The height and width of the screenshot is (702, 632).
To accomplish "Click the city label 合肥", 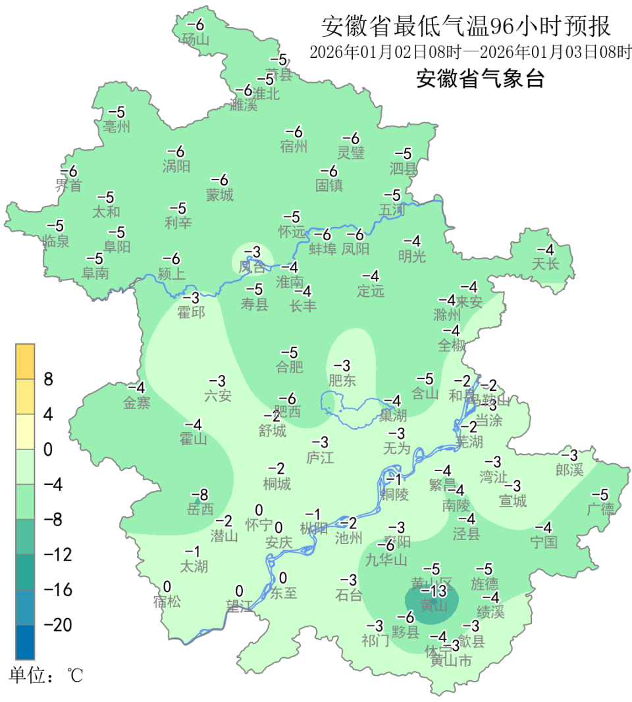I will pos(289,366).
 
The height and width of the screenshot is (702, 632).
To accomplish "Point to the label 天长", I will pos(545,264).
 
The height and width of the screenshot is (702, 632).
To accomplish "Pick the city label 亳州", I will pos(117,126).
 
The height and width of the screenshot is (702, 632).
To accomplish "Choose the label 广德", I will pos(600,509).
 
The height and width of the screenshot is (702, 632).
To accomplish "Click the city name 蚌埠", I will pos(323,249).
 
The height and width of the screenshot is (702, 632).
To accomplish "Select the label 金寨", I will pos(137,403).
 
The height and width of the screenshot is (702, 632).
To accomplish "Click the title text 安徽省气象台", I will pos(481,79).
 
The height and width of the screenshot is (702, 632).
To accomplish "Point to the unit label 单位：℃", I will pos(47,676).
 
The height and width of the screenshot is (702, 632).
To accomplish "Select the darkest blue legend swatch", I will pos(26,642).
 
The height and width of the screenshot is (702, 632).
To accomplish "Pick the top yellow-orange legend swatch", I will pos(26,361).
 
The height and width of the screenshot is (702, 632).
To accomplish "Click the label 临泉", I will pos(55,241).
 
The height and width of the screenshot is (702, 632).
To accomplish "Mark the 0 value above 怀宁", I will pos(259,510).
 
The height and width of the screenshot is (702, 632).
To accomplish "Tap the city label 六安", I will pos(218,395).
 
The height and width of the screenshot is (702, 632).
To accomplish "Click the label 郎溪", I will pos(569,470).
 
